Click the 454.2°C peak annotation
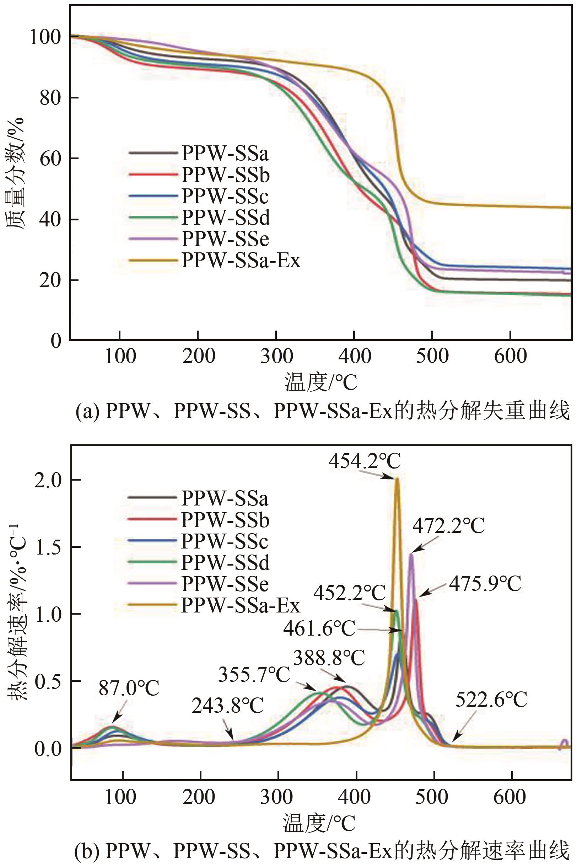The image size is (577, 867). [x=364, y=461]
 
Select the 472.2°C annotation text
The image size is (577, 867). [x=448, y=526]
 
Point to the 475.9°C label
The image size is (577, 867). [x=485, y=584]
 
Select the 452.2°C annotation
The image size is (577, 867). [x=350, y=593]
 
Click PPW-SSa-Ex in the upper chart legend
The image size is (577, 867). [x=241, y=260]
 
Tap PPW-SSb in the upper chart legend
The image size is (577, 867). [x=226, y=175]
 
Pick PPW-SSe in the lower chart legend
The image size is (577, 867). [x=225, y=584]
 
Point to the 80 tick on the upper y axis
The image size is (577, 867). [x=50, y=98]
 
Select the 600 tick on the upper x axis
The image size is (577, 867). [x=510, y=355]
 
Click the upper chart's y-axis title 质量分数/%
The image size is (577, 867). [x=15, y=173]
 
